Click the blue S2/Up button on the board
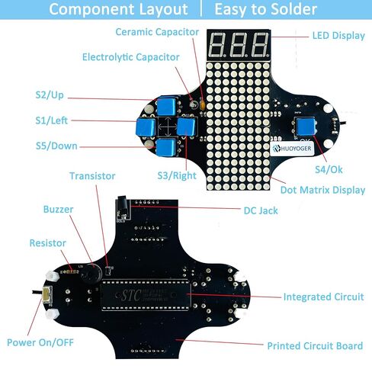pyautogui.click(x=166, y=106)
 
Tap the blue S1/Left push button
pyautogui.click(x=146, y=127)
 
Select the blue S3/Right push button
pyautogui.click(x=186, y=127)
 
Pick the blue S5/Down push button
pyautogui.click(x=166, y=148)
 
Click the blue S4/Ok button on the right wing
pyautogui.click(x=306, y=127)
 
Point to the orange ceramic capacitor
pyautogui.click(x=203, y=105)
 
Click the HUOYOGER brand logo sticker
pyautogui.click(x=292, y=148)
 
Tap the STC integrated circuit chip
pyautogui.click(x=146, y=295)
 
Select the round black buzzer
pyautogui.click(x=91, y=274)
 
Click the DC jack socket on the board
pyautogui.click(x=123, y=207)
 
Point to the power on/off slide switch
pyautogui.click(x=47, y=293)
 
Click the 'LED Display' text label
pyautogui.click(x=338, y=36)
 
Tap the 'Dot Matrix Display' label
pyautogui.click(x=322, y=190)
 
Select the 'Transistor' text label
pyautogui.click(x=92, y=176)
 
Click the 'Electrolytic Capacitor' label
pyautogui.click(x=131, y=57)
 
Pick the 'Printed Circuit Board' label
pyautogui.click(x=315, y=346)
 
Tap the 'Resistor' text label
pyautogui.click(x=48, y=243)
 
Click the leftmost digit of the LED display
pyautogui.click(x=218, y=45)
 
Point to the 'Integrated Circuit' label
pyautogui.click(x=324, y=297)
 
